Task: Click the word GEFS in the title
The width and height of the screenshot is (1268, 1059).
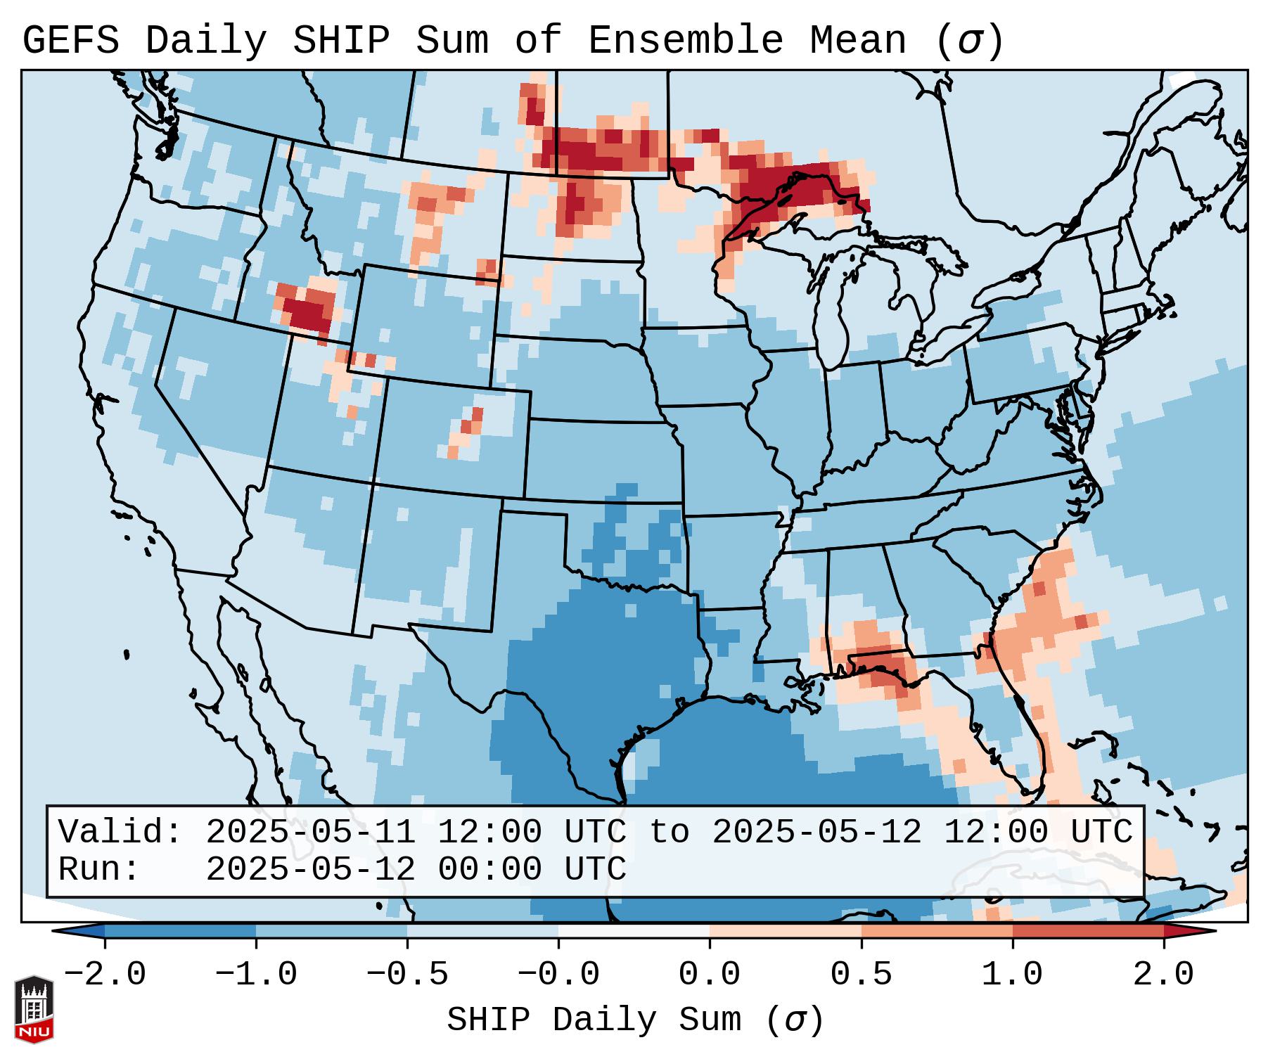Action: [70, 41]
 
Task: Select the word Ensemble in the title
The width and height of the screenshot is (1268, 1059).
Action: [685, 41]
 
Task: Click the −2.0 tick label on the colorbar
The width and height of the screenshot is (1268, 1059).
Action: [105, 975]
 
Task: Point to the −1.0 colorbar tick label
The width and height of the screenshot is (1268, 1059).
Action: [256, 975]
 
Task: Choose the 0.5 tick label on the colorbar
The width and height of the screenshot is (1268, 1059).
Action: [861, 975]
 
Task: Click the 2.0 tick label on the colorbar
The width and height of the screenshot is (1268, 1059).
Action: [1163, 975]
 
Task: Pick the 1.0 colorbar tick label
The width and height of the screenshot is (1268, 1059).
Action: [1012, 975]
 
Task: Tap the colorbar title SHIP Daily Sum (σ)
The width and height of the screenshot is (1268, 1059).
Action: [634, 1020]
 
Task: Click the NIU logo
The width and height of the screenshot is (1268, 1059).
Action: [34, 1009]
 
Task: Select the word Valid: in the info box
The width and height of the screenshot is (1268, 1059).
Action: [120, 832]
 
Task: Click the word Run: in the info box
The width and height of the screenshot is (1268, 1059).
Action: [99, 869]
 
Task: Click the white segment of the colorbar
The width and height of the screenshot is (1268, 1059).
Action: [634, 931]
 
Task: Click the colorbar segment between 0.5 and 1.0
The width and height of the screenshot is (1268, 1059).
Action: [937, 931]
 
